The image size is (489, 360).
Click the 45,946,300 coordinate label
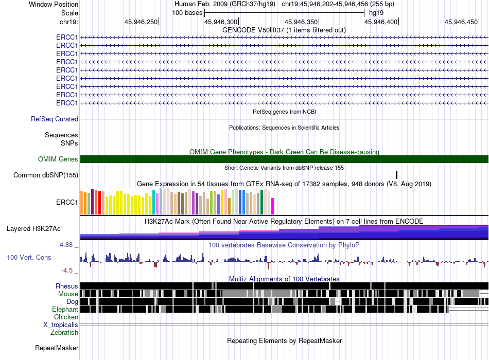(x=221, y=22)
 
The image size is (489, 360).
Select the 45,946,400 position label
(x=381, y=22)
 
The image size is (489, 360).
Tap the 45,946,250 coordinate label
(x=141, y=22)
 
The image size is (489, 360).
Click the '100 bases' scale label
(x=187, y=13)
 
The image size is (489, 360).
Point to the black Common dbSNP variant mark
(x=397, y=175)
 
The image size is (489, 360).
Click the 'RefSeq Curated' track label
(x=55, y=119)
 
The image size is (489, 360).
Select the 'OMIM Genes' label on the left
(x=58, y=159)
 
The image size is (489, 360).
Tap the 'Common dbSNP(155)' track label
(x=46, y=175)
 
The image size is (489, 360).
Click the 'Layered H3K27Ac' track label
(x=33, y=229)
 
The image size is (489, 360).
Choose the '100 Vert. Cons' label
(x=29, y=258)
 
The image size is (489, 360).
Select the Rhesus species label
(x=67, y=286)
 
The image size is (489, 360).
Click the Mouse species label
(x=68, y=294)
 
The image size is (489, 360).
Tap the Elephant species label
(x=65, y=310)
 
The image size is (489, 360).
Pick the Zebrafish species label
(x=64, y=333)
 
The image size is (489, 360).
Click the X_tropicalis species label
(x=61, y=325)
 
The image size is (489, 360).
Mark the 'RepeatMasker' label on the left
(x=57, y=348)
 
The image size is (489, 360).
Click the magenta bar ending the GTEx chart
(x=272, y=206)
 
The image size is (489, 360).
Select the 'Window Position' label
(x=54, y=4)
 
